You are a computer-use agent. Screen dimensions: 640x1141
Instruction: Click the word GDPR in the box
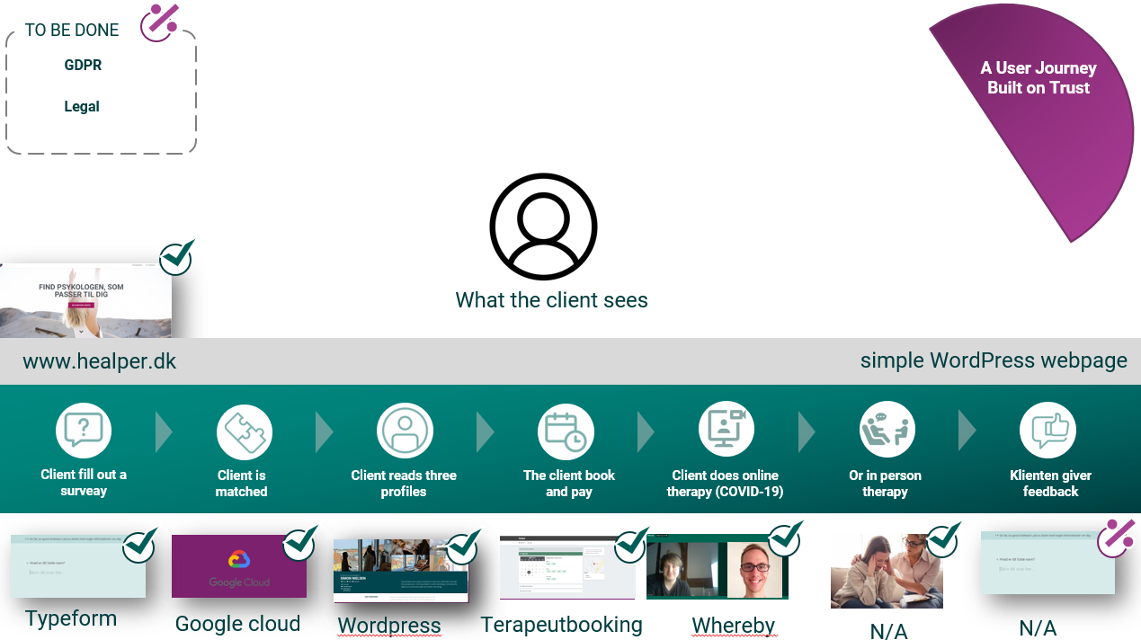83,66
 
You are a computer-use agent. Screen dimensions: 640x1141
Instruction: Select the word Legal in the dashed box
82,107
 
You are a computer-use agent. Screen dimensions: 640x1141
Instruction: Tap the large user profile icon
543,226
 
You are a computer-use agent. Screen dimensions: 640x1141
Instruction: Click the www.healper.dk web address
100,361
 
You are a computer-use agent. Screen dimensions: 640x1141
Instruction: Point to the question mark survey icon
84,431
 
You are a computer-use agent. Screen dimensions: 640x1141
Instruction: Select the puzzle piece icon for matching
244,431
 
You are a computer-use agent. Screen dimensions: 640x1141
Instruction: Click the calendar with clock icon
566,431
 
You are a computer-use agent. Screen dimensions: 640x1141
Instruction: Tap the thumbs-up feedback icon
1047,431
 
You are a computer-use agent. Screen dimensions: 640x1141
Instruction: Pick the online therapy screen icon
726,430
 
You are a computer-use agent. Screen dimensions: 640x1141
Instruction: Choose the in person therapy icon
886,430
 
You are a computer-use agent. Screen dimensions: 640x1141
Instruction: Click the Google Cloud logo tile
238,567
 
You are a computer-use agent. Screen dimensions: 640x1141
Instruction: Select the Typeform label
71,618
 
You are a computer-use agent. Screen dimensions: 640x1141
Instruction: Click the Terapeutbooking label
561,624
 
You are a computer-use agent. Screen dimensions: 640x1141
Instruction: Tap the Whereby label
733,625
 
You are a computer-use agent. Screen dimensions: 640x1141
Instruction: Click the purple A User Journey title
1038,78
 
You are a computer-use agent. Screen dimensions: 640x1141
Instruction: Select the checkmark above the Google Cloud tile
299,544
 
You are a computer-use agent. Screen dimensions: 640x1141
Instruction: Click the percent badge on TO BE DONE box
160,22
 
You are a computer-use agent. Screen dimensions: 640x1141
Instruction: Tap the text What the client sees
551,300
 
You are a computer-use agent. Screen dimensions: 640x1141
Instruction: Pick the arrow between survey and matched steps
164,431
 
